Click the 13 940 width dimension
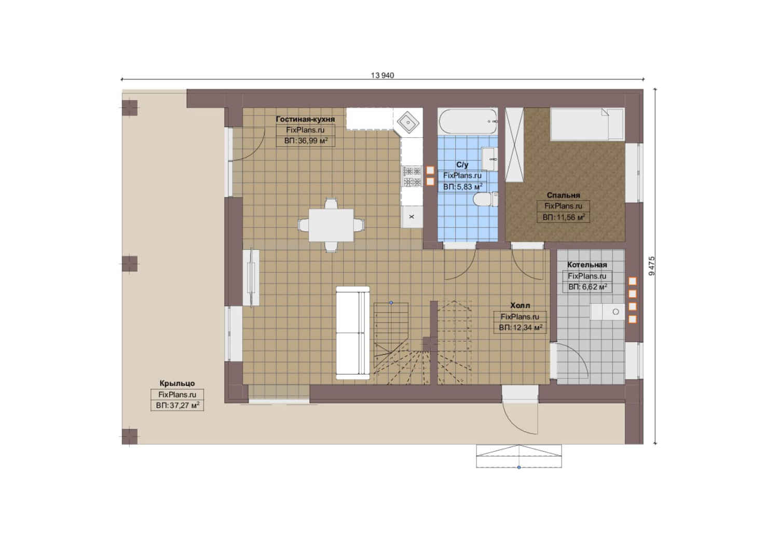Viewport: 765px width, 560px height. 382,75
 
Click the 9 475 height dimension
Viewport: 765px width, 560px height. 652,266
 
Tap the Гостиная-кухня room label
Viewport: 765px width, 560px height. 305,119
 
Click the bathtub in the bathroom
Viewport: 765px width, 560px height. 467,121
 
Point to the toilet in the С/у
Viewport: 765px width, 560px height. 485,199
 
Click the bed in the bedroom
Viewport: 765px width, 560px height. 587,124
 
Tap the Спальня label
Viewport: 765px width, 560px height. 563,195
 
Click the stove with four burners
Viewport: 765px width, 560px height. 412,176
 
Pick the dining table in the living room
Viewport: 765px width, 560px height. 331,225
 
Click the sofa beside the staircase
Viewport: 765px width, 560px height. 352,333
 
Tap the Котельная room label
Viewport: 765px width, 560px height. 587,265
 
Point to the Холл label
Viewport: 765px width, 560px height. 520,305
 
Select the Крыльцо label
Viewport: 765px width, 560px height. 177,383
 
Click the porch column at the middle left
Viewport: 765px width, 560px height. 130,264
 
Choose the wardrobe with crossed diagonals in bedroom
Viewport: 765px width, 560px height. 514,145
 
